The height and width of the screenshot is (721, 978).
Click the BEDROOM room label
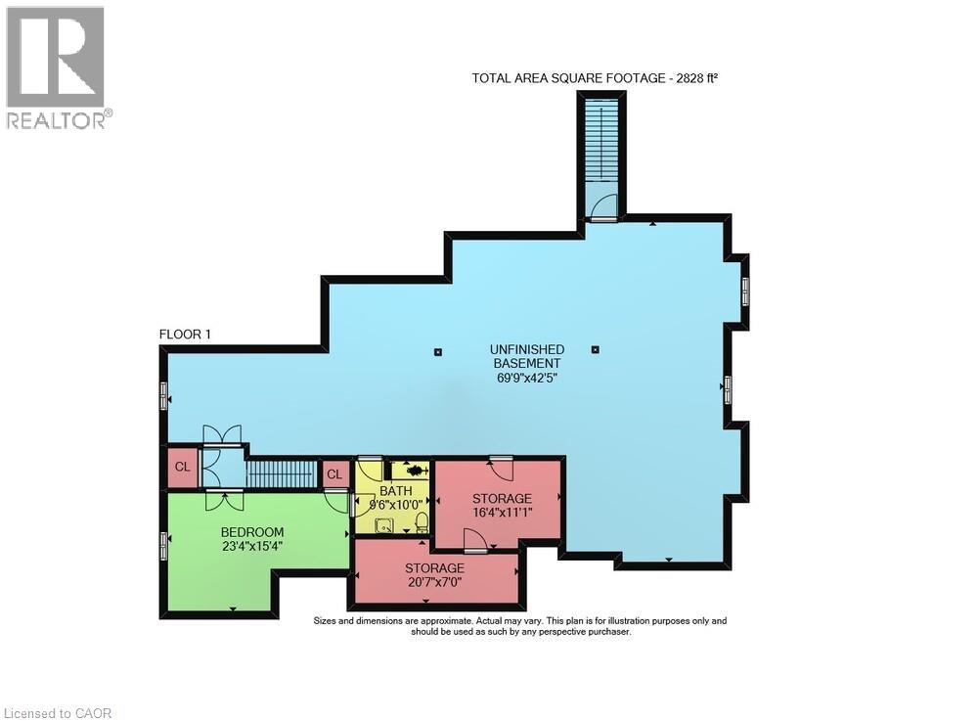click(x=252, y=532)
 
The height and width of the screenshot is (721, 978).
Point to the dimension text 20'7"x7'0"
click(x=435, y=582)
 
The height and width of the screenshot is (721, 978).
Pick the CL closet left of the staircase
click(x=182, y=467)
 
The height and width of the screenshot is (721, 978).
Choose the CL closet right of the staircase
click(x=334, y=474)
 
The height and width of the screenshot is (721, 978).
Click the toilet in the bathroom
click(x=422, y=520)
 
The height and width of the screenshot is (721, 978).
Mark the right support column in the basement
click(x=595, y=349)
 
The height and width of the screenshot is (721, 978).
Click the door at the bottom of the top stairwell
click(x=603, y=207)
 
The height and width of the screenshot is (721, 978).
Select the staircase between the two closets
click(x=281, y=474)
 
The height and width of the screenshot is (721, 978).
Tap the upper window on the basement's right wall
click(x=745, y=290)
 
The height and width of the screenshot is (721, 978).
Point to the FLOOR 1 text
click(x=186, y=335)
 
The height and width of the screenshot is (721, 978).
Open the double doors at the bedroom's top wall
click(x=224, y=499)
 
